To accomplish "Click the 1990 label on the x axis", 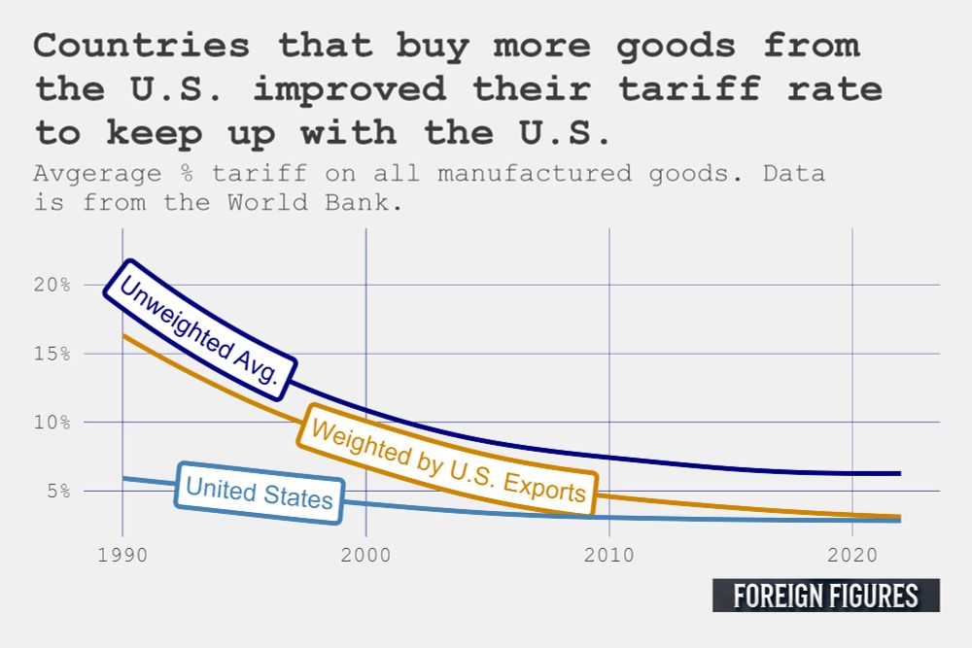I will tap(122, 556).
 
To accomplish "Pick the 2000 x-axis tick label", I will tap(365, 556).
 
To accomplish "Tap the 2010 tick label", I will tap(608, 556).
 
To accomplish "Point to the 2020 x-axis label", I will tap(851, 556).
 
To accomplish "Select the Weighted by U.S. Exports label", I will tap(449, 459).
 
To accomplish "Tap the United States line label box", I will tap(260, 493).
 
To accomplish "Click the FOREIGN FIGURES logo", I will tap(825, 596).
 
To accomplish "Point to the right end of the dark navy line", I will tap(899, 473).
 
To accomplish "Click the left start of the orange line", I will tap(123, 336).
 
